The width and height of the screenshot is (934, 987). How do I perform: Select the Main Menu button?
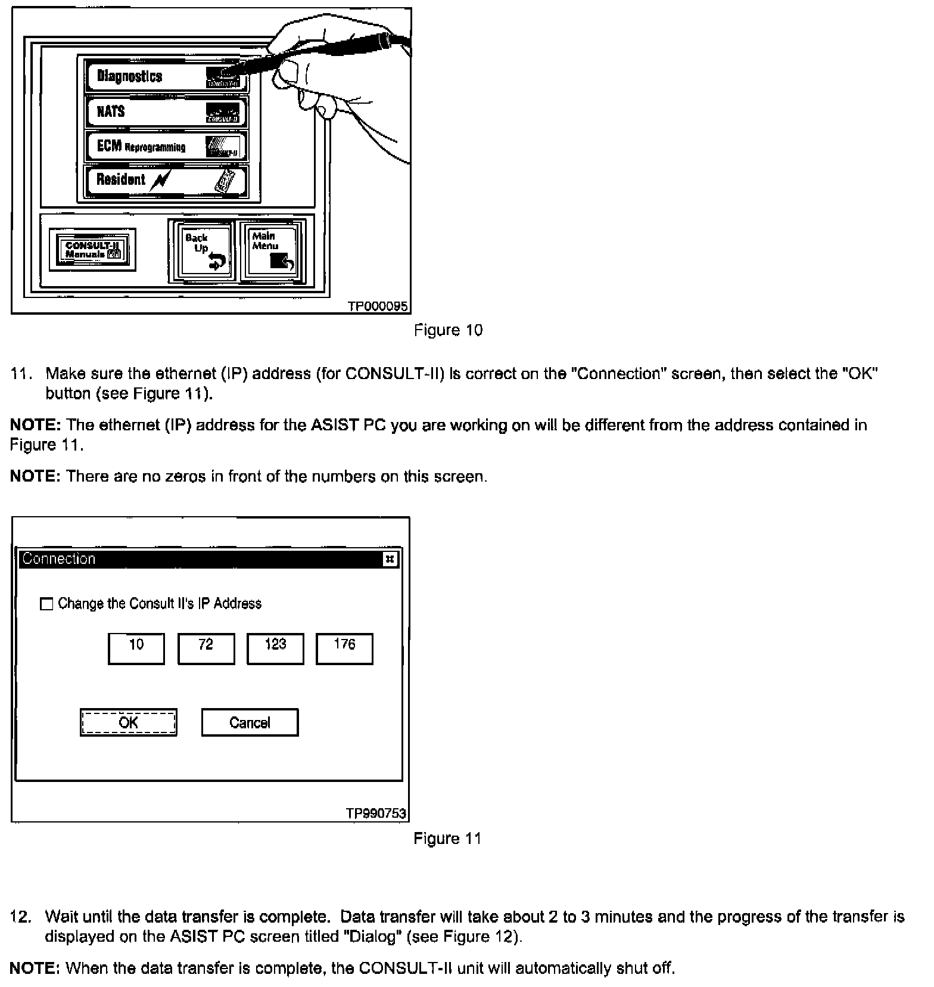coord(272,251)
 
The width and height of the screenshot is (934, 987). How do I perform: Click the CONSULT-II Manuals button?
coord(92,250)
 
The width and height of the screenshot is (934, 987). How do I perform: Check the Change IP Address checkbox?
coord(46,604)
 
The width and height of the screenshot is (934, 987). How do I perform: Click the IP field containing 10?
coord(136,648)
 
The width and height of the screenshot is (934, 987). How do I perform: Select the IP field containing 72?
coord(206,648)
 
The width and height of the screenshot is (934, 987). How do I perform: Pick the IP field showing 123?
coord(275,648)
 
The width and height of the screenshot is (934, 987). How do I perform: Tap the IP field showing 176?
coord(344,648)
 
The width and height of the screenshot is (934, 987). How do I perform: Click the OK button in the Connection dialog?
coord(129,722)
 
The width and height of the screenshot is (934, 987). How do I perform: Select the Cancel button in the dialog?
coord(250,722)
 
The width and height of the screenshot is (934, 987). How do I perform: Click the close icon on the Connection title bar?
coord(390,559)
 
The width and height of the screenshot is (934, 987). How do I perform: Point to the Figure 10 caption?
coord(448,330)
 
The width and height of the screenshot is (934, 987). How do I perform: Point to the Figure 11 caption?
coord(447,839)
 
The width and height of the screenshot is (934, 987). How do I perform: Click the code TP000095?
coord(378,306)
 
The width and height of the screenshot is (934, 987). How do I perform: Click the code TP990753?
coord(376,814)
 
